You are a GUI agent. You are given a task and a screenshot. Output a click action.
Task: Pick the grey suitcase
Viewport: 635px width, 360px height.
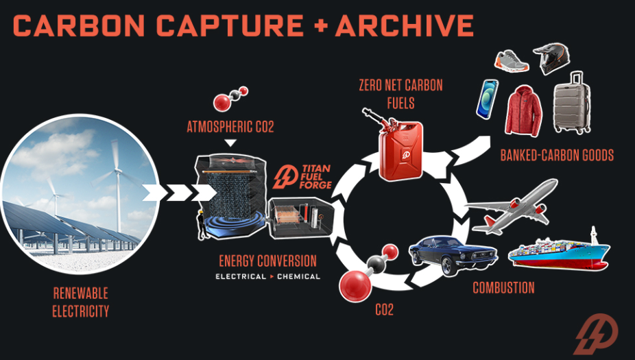coord(572,102)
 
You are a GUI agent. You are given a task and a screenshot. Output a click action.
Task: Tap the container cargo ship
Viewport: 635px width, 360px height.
coord(559,251)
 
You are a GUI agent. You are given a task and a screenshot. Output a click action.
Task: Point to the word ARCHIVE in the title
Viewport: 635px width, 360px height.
coord(405,25)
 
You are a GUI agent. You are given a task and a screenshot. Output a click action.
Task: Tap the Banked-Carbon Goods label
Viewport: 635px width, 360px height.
coord(556,156)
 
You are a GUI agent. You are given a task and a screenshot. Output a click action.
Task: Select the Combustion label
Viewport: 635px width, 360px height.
coord(503,287)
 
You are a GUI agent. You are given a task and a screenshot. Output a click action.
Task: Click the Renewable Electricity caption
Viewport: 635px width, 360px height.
coord(81,302)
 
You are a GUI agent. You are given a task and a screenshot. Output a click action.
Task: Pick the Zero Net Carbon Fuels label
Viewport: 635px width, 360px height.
coord(400,95)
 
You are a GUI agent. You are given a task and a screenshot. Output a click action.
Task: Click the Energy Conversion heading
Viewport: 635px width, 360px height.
coord(267,261)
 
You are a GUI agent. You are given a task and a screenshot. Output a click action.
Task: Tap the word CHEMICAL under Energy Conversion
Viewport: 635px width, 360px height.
coord(298,276)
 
